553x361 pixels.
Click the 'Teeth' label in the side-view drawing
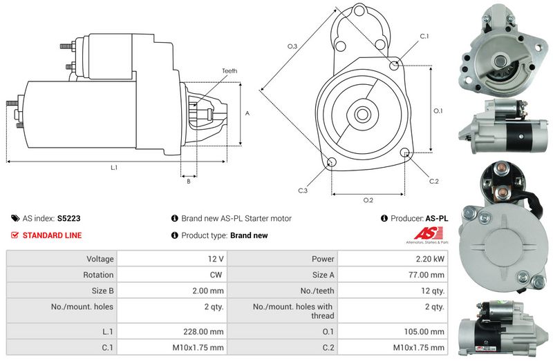[229, 71]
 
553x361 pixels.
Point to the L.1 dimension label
[113, 168]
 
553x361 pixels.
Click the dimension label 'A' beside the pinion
[247, 113]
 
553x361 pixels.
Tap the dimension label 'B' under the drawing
[188, 182]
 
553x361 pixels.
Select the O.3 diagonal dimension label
[292, 46]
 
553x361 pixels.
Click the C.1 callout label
[424, 36]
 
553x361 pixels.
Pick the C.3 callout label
[303, 191]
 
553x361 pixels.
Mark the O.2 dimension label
[368, 200]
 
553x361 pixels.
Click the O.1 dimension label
[438, 110]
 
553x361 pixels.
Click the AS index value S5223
[68, 218]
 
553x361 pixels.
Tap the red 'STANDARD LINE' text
[52, 235]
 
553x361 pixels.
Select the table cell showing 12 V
[215, 259]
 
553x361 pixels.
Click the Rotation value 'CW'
[218, 275]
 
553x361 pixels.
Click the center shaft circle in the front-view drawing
[363, 113]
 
